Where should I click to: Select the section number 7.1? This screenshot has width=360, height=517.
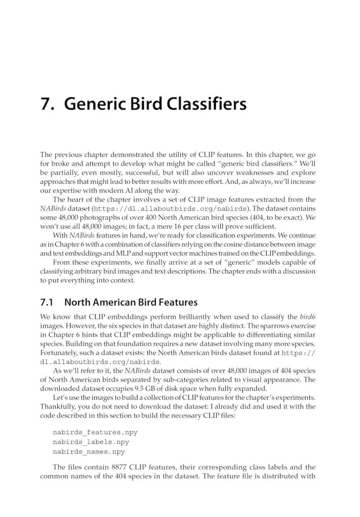pos(48,302)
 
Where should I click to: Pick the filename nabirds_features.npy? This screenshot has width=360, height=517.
pos(95,432)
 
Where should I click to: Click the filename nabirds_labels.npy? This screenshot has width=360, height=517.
pos(91,442)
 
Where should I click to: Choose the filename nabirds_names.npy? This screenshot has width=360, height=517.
pos(89,452)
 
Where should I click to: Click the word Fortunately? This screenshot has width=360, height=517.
pos(60,353)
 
